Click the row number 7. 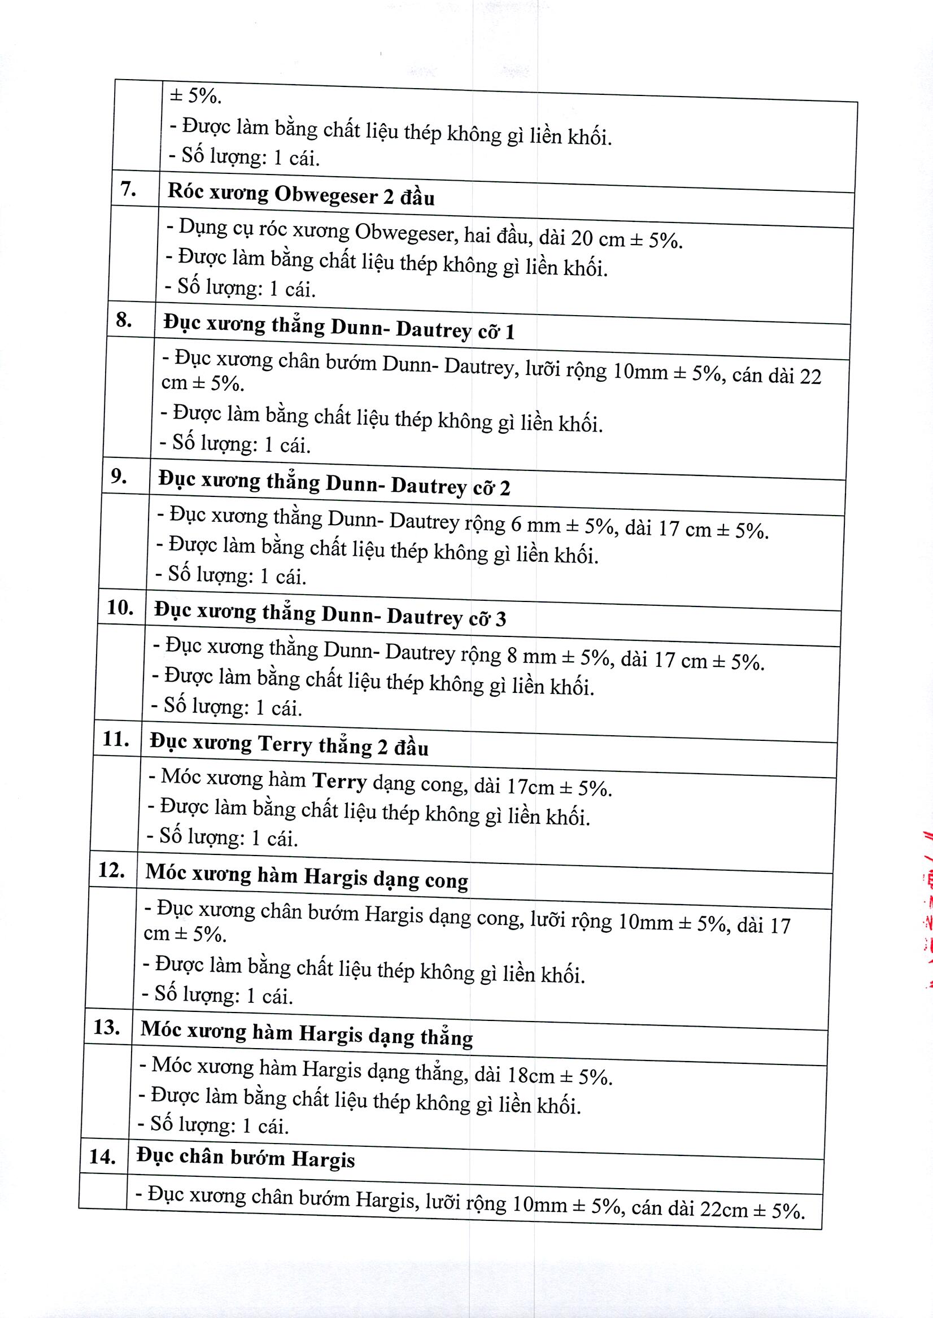[128, 189]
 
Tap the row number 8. [124, 319]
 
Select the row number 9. [119, 476]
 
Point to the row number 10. [120, 608]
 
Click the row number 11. [115, 739]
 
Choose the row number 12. [111, 870]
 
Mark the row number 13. [107, 1027]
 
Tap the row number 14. [102, 1156]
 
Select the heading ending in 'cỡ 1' [338, 328]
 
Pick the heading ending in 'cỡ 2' [334, 484]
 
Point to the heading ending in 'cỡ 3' [330, 615]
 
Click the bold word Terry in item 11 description [339, 782]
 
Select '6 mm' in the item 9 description [535, 525]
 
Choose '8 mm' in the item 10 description [531, 656]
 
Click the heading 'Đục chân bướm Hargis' [245, 1158]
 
